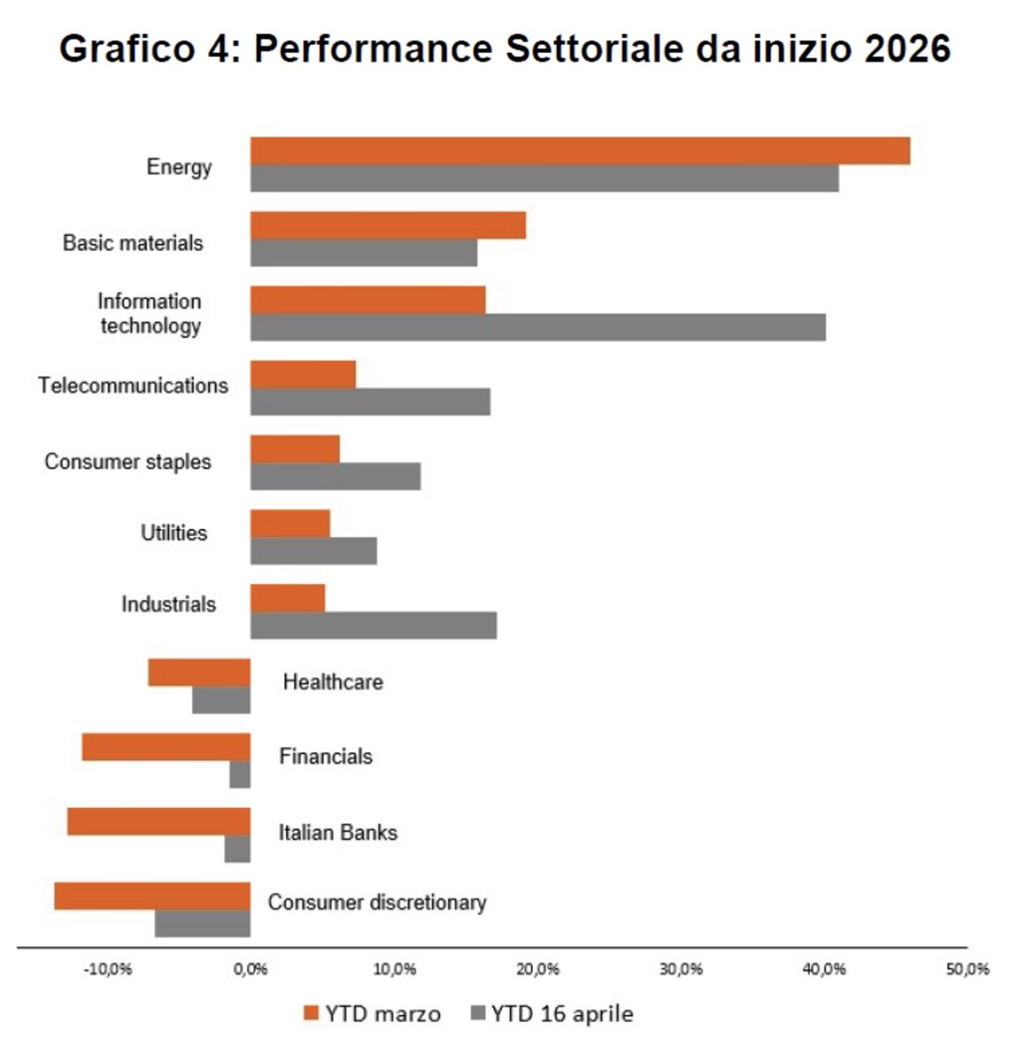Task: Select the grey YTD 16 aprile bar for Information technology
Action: click(x=537, y=327)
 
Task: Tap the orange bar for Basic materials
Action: click(x=387, y=225)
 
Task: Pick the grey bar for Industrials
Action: click(x=373, y=626)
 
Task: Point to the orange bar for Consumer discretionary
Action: click(x=152, y=896)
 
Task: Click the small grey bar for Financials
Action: click(x=240, y=775)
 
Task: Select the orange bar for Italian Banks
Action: click(x=158, y=822)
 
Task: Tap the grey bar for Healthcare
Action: click(x=222, y=700)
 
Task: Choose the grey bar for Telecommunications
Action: click(x=370, y=402)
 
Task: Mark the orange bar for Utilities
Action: click(x=291, y=524)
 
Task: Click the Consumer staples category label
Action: click(x=128, y=462)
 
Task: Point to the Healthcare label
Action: click(x=333, y=682)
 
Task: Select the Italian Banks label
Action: click(x=338, y=832)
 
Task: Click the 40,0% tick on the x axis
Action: click(x=824, y=969)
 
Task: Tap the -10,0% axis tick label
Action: click(x=107, y=969)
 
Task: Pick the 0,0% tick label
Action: click(x=251, y=969)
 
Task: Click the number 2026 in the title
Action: click(x=907, y=48)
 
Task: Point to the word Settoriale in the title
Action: click(x=595, y=48)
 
